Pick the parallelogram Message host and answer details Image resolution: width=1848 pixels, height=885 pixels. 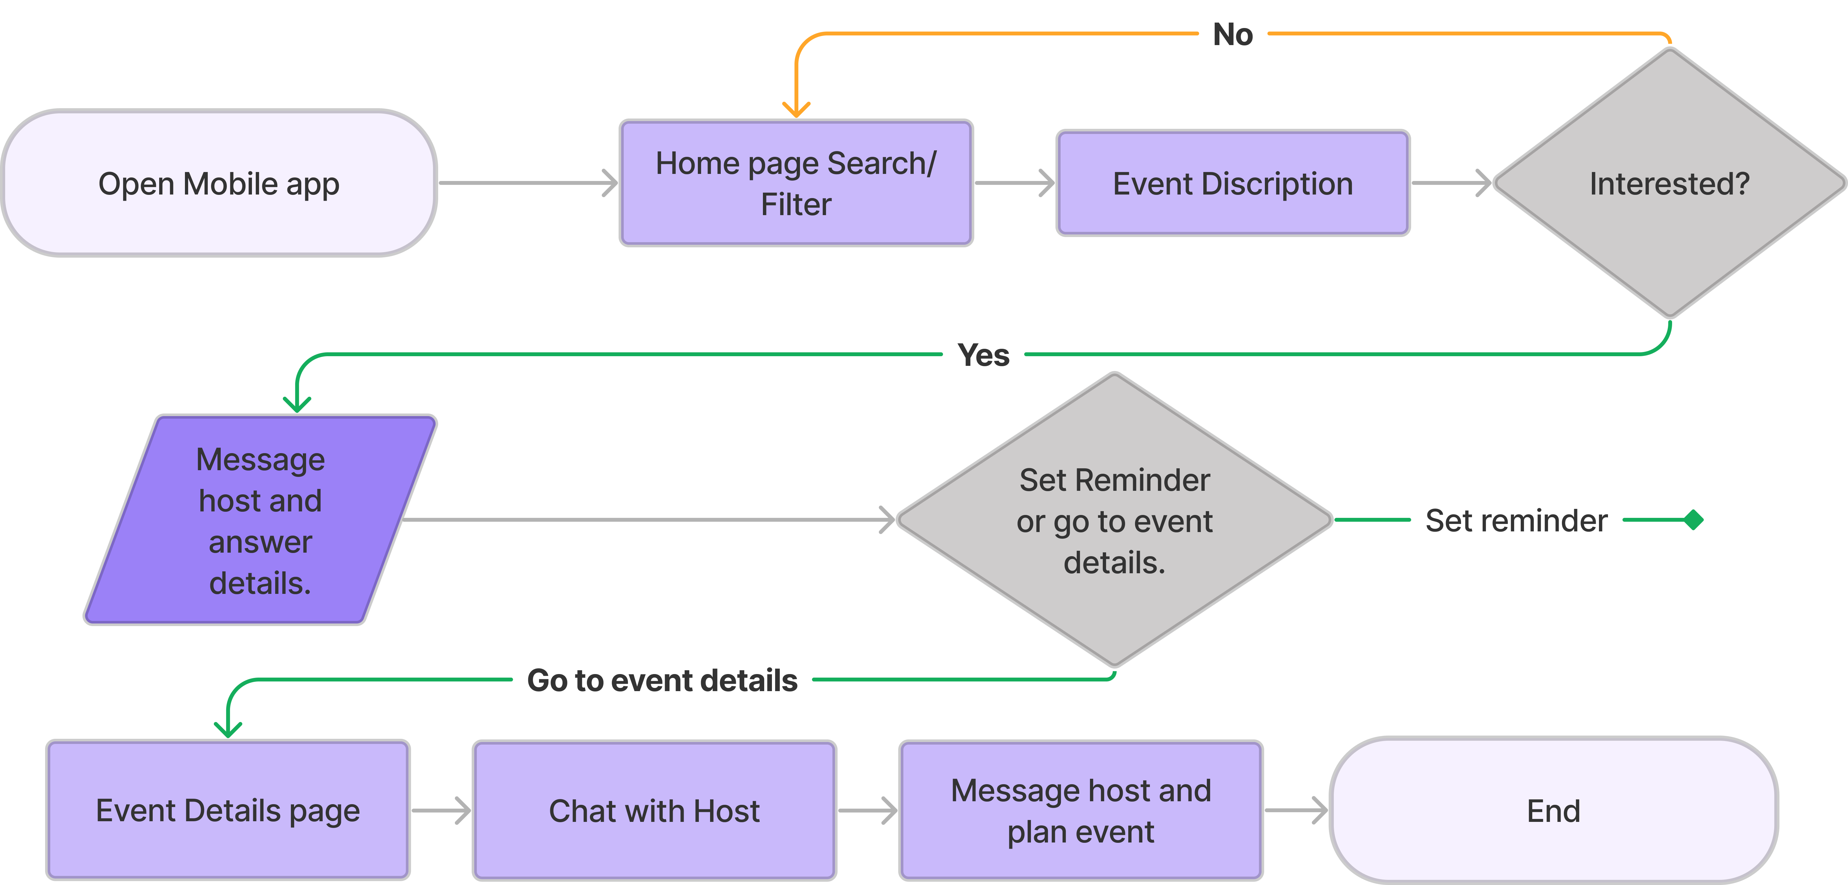[260, 520]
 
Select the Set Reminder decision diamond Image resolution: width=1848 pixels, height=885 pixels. [1114, 520]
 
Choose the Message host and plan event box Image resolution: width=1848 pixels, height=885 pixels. [1080, 810]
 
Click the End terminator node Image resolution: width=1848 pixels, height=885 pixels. [1553, 810]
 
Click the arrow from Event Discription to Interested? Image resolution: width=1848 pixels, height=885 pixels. [1450, 183]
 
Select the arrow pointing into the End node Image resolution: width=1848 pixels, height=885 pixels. [1295, 810]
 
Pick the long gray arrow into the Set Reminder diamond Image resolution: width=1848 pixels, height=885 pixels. [646, 520]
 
